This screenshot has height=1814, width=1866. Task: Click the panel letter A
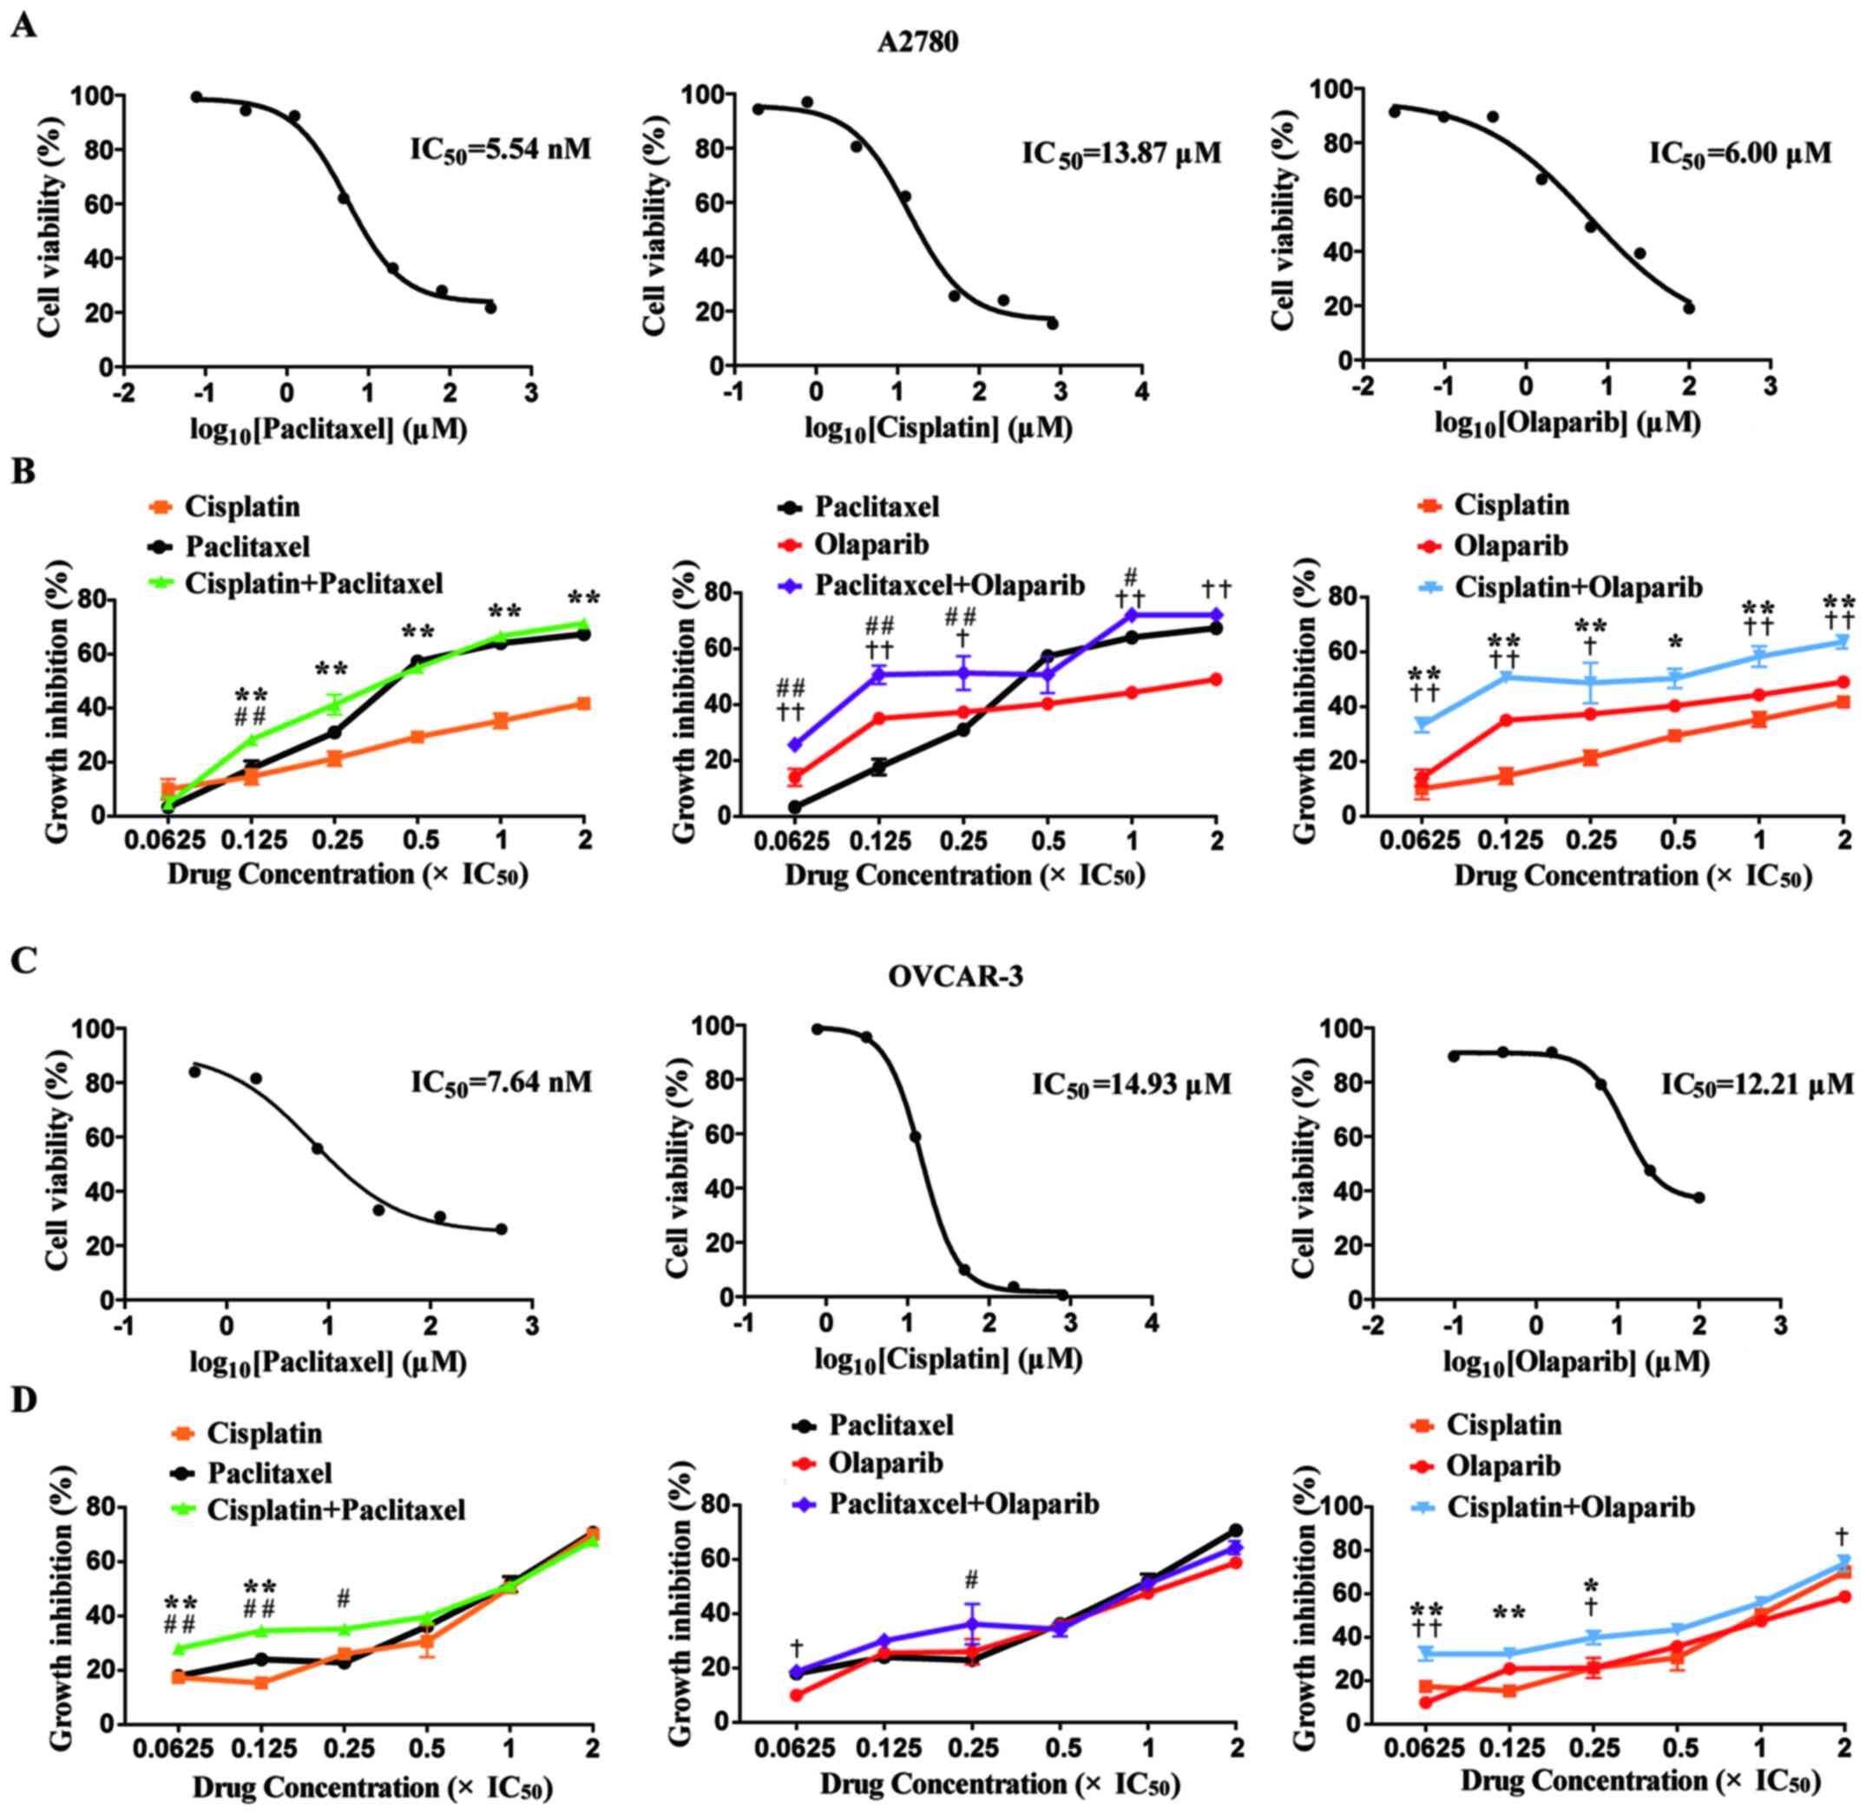tap(23, 25)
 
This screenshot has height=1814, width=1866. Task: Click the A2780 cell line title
tap(917, 43)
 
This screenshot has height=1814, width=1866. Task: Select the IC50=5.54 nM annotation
tap(500, 149)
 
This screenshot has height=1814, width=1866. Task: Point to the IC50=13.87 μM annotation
tap(1120, 153)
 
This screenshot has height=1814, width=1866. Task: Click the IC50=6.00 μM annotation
tap(1740, 154)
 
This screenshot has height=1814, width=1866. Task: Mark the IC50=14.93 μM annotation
tap(1131, 1084)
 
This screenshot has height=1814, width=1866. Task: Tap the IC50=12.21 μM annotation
tap(1758, 1084)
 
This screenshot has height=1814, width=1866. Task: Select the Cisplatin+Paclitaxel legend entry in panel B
tap(312, 582)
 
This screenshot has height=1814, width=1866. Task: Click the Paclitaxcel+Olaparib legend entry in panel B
tap(949, 584)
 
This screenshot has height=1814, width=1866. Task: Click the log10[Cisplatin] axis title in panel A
tap(937, 429)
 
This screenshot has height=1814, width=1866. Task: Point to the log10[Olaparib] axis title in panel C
tap(1575, 1362)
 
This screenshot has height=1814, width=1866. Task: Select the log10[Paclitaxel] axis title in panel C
tap(327, 1362)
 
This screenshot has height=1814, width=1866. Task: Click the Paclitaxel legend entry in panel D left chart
tap(270, 1473)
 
